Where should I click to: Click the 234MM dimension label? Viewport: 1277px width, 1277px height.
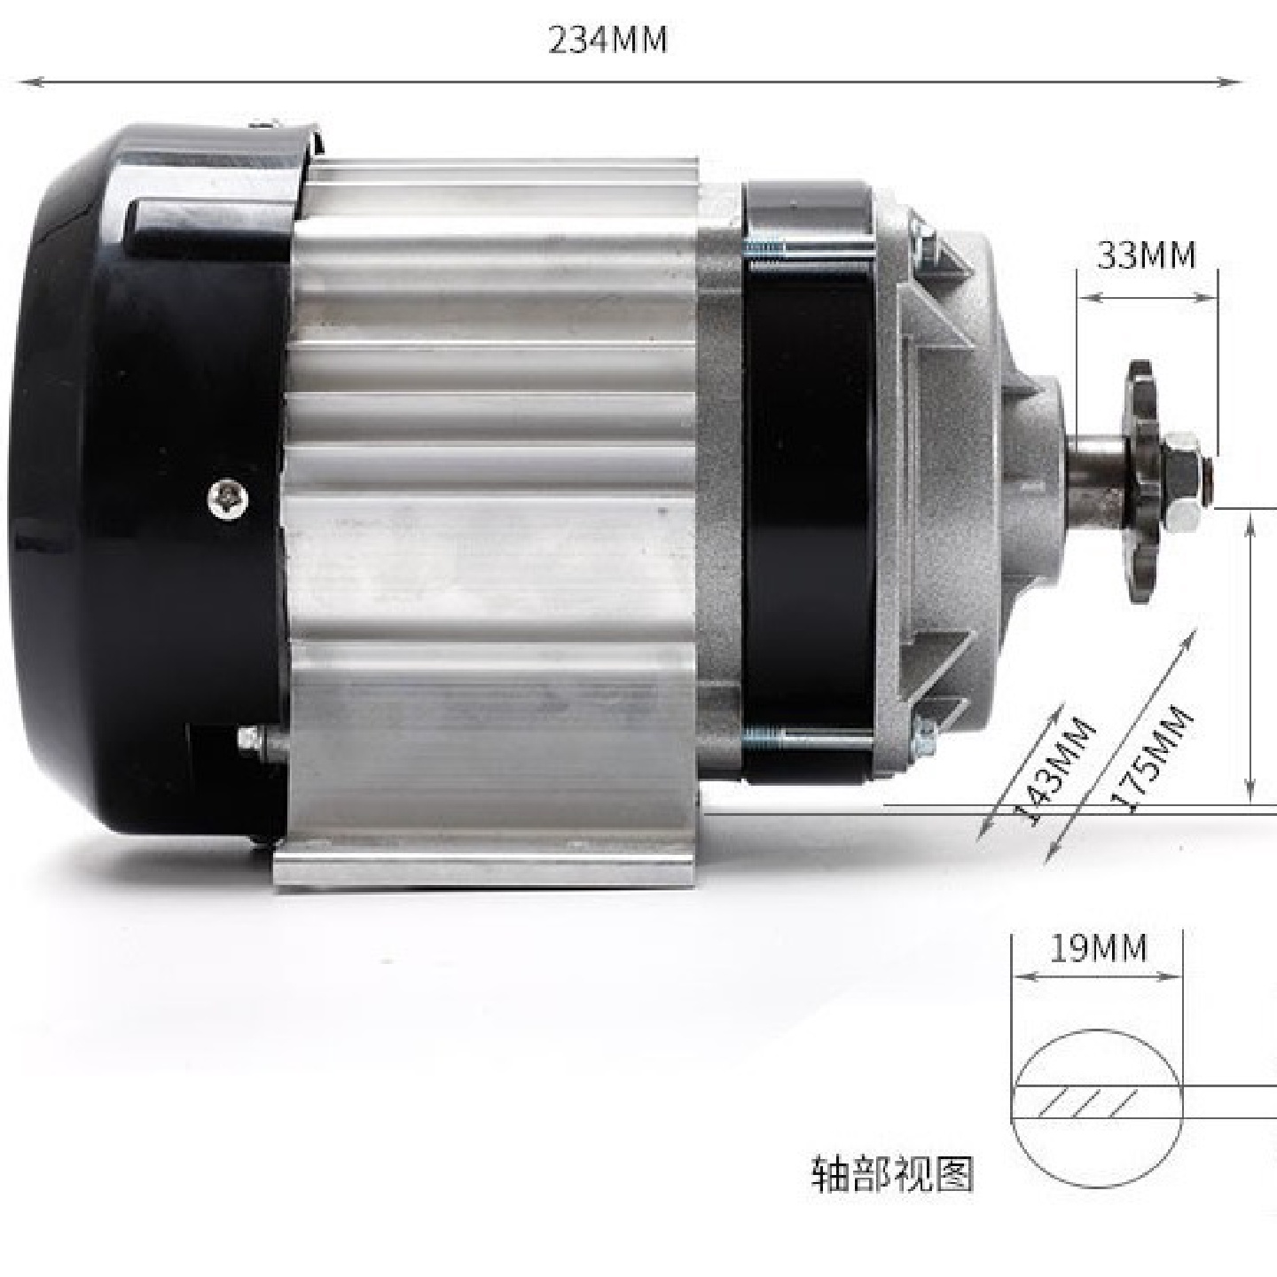tap(607, 41)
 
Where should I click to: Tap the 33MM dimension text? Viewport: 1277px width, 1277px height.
tap(1146, 256)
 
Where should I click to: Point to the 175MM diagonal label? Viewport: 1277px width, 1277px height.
tap(1152, 758)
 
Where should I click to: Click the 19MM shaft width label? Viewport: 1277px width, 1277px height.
tap(1098, 949)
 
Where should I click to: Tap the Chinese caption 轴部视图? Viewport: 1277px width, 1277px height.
tap(892, 1174)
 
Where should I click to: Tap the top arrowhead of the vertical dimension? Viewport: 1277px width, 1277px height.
tap(1250, 526)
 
